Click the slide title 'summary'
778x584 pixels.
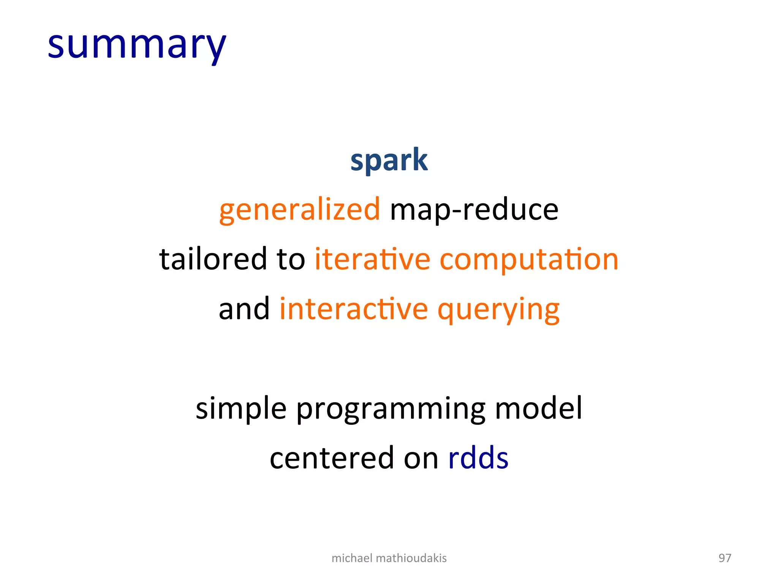[x=137, y=46]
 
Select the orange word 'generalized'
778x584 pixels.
[x=299, y=210]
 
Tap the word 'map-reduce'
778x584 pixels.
[x=474, y=210]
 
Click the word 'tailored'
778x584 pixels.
[x=213, y=259]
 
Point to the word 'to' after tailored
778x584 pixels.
[x=291, y=259]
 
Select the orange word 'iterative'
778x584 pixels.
[x=372, y=259]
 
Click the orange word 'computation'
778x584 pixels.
[x=529, y=259]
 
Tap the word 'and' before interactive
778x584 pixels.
[x=244, y=309]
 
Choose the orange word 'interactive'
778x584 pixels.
[x=354, y=309]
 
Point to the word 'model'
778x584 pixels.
[x=538, y=408]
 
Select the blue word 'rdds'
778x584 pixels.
[x=478, y=458]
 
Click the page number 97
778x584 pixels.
[x=724, y=558]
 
